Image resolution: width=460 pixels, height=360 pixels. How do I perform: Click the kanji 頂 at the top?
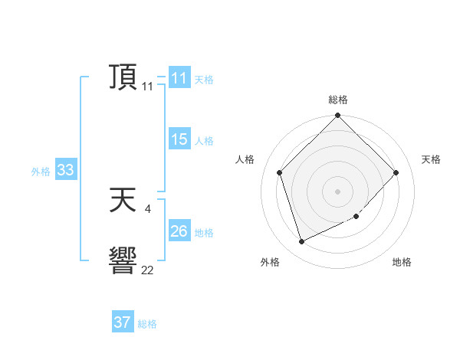tap(123, 78)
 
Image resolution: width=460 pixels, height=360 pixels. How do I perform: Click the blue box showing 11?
tap(179, 78)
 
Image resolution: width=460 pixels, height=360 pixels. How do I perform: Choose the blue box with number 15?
tap(179, 139)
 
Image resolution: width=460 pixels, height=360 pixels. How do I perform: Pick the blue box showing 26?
tap(179, 231)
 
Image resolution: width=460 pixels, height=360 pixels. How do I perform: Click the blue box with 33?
tap(65, 171)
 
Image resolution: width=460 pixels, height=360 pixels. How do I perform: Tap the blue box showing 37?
tap(123, 322)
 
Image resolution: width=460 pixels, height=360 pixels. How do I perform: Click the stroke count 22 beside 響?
tap(147, 270)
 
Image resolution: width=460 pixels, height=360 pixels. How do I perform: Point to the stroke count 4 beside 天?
tap(147, 208)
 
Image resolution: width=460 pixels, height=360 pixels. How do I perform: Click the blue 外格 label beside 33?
tap(41, 172)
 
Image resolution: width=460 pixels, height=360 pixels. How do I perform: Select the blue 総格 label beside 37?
tap(147, 323)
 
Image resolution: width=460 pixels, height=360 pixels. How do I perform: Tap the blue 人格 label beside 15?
tap(204, 140)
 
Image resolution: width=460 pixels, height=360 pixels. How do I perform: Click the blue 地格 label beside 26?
tap(204, 232)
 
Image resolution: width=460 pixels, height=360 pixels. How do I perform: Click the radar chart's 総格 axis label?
tap(338, 100)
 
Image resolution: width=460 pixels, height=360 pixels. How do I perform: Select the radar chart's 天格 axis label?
tap(431, 159)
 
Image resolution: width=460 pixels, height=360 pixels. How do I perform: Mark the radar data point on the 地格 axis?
tap(356, 217)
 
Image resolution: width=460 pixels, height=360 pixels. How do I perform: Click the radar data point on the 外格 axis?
tap(302, 241)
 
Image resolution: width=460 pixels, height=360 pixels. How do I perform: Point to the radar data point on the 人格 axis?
tap(280, 172)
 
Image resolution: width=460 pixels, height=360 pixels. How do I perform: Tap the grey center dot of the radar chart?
tap(338, 191)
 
